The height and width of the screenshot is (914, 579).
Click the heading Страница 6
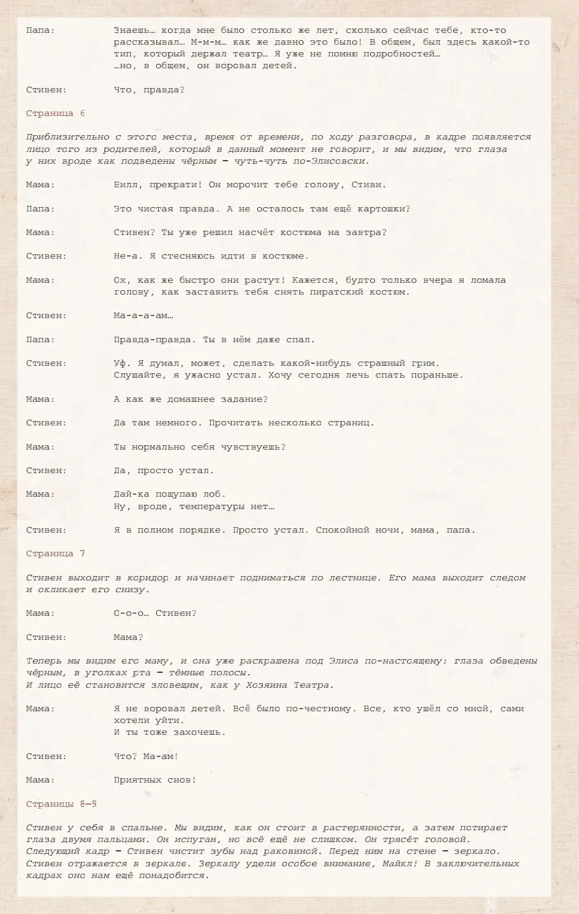tap(56, 113)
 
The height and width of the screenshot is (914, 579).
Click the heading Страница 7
tap(56, 554)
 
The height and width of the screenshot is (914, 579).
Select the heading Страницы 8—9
tap(61, 804)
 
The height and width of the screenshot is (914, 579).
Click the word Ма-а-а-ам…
tap(143, 316)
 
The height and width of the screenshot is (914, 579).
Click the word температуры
tap(212, 507)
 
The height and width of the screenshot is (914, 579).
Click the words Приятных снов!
tap(155, 780)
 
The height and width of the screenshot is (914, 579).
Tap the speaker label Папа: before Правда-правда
tap(40, 340)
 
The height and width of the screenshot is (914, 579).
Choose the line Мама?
tap(128, 637)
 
